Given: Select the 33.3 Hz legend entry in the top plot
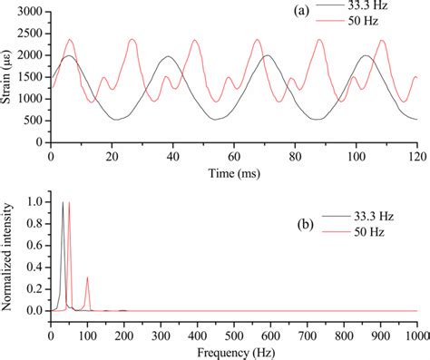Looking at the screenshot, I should [x=378, y=8].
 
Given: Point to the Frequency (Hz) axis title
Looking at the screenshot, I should [x=233, y=349].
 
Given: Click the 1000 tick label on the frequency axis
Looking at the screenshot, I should [x=415, y=332].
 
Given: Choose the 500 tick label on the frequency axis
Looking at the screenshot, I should [x=233, y=332].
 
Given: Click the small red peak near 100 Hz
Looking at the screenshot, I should [x=87, y=277].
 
